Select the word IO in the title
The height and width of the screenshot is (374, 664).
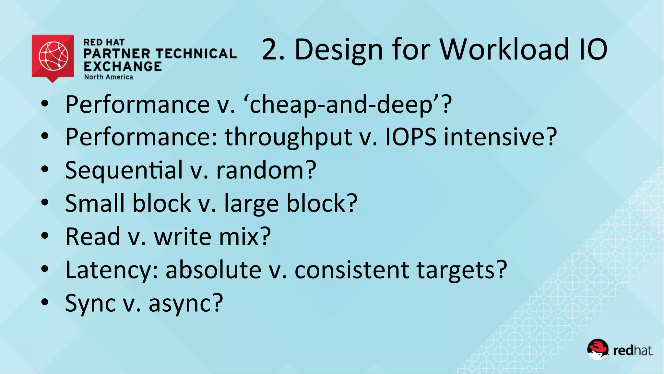pos(593,49)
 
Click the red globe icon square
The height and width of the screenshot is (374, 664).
pos(53,56)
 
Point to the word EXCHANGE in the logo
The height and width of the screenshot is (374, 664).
pos(123,67)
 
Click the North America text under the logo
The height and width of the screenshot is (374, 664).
pos(109,77)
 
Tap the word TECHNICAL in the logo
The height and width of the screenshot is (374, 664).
pos(197,54)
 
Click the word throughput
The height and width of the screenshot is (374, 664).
pos(288,137)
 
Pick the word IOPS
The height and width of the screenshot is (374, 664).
pos(410,137)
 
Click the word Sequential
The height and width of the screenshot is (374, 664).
pos(124,170)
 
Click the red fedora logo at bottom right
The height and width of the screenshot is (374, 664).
pos(598,349)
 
